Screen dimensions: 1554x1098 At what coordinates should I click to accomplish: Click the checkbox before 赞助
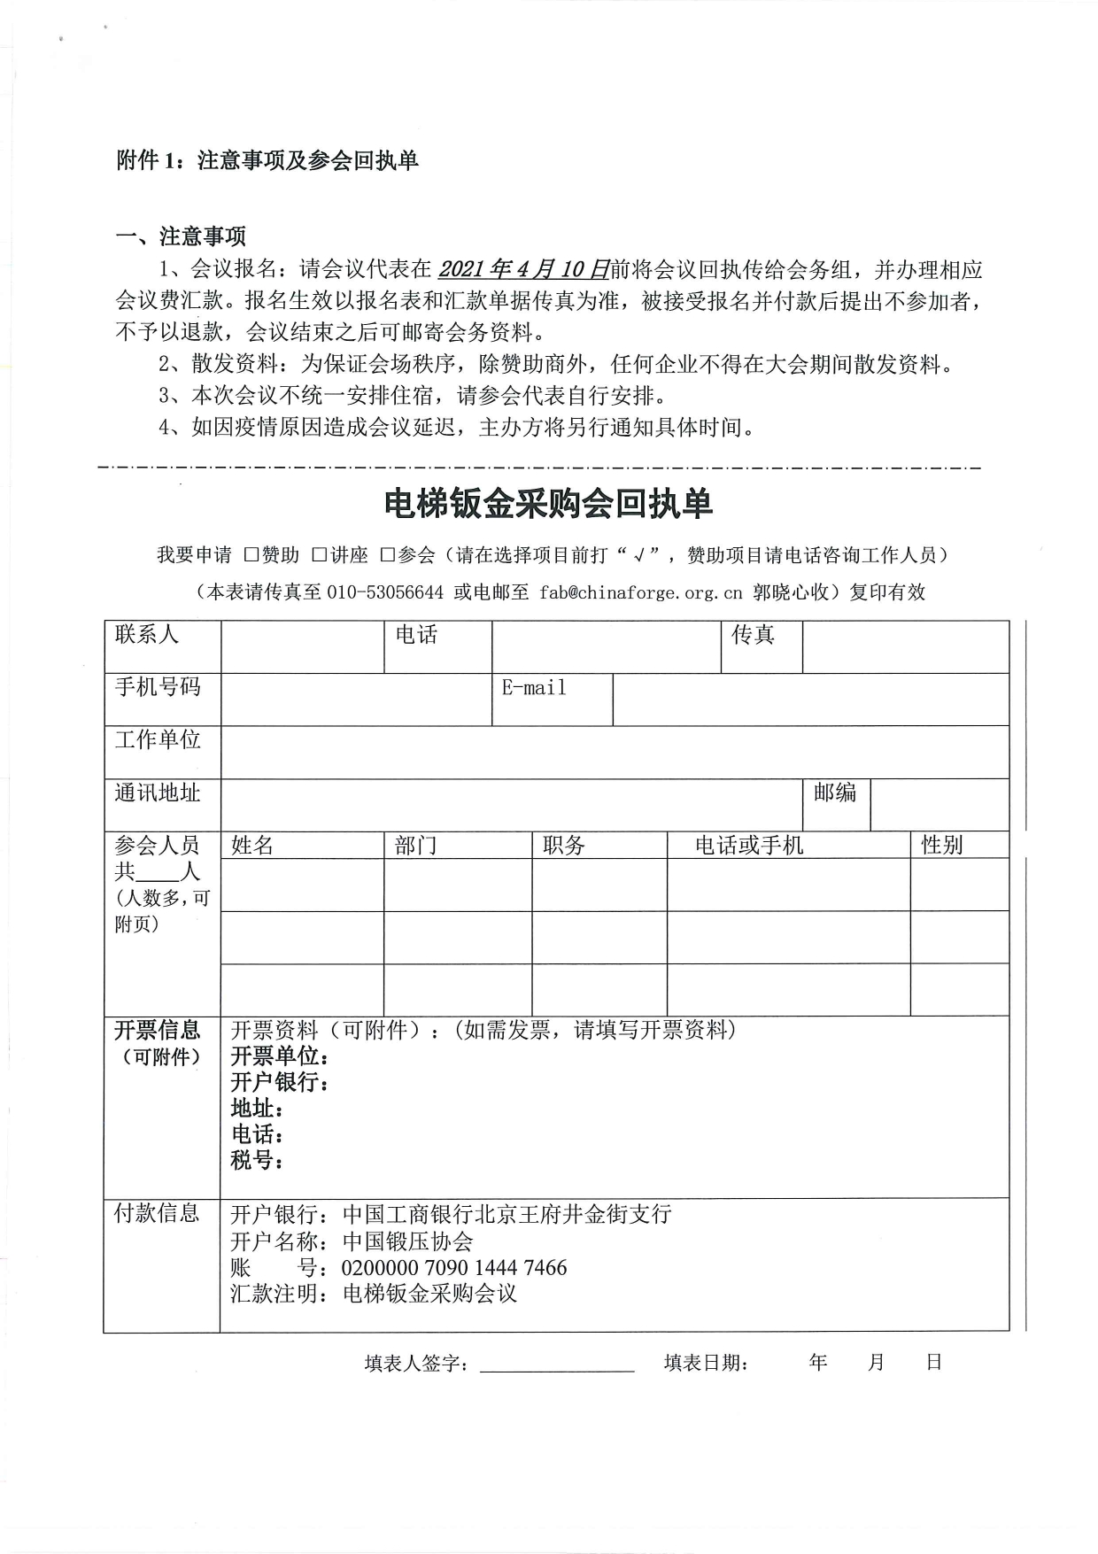click(251, 555)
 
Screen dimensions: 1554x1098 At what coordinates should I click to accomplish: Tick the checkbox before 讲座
click(320, 555)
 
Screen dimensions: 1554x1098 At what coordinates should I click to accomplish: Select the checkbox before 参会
click(387, 555)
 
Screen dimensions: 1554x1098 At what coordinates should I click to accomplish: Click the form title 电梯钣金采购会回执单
click(548, 504)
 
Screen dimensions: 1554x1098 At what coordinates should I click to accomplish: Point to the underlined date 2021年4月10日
click(524, 269)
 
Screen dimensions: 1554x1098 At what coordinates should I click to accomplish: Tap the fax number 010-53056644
click(385, 592)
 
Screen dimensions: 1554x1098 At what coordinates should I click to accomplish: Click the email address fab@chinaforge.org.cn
click(640, 592)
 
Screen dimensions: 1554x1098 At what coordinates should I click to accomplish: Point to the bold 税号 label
click(256, 1160)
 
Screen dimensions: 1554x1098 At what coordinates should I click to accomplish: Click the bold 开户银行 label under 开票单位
click(279, 1082)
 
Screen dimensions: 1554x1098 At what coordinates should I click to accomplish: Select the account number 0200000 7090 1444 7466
click(454, 1268)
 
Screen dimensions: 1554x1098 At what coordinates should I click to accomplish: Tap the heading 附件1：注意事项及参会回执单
click(267, 160)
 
